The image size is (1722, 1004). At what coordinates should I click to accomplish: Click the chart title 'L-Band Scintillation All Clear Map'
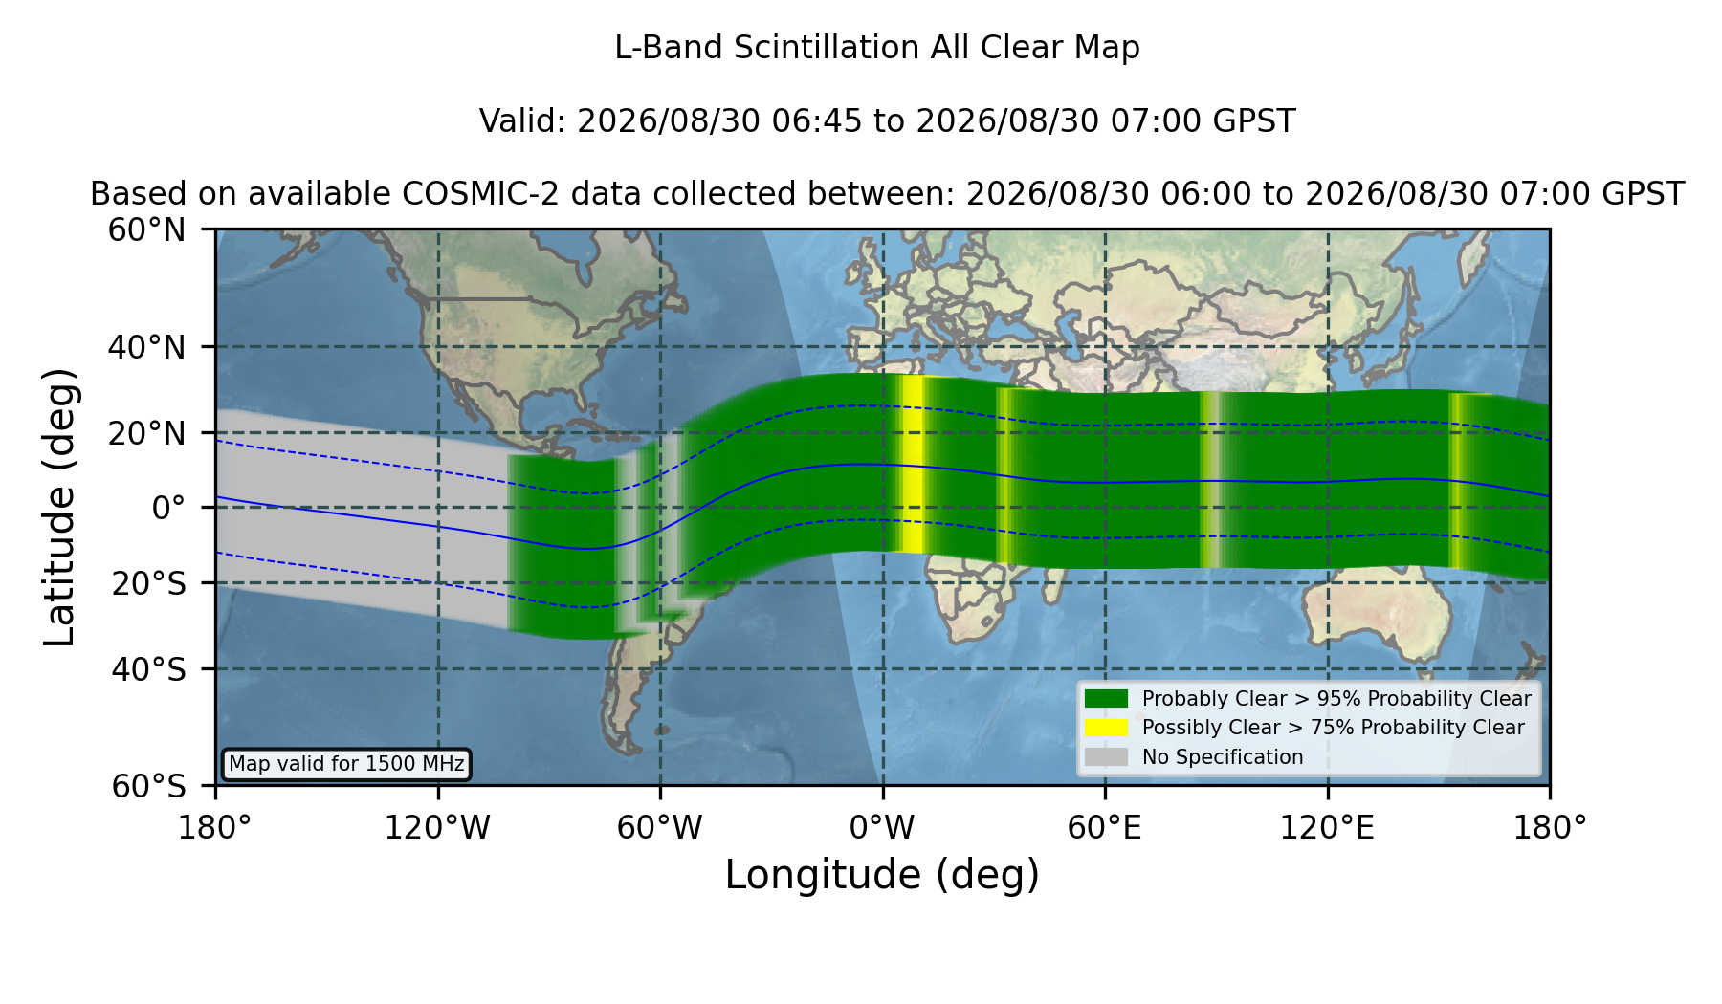[876, 48]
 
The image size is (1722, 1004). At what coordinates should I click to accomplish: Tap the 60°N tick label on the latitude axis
[147, 229]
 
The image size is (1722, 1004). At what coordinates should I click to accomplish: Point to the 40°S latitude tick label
[149, 669]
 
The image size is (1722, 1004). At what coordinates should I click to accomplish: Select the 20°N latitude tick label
[147, 434]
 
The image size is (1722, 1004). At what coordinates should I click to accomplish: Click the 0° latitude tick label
[168, 507]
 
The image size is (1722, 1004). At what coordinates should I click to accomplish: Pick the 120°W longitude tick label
[438, 827]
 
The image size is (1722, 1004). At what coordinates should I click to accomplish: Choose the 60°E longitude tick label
[1105, 827]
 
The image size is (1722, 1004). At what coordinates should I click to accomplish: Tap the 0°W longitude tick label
[883, 827]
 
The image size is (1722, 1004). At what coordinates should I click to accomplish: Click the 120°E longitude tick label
[1328, 827]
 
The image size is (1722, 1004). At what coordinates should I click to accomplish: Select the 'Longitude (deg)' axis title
[882, 875]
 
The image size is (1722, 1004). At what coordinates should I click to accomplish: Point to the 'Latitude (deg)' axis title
[60, 507]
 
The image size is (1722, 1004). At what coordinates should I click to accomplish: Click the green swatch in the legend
[1106, 698]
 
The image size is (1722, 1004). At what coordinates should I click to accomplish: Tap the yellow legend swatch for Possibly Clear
[1106, 728]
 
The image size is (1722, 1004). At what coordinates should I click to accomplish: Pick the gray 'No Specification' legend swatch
[1106, 757]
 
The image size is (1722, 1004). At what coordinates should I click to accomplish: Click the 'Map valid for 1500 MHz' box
[346, 764]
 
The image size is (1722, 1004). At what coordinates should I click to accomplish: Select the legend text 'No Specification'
[1223, 757]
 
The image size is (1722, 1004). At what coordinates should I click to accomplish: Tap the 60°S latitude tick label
[149, 786]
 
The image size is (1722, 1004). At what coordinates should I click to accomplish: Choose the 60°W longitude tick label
[660, 827]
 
